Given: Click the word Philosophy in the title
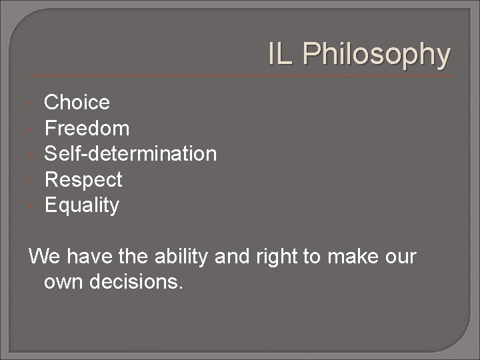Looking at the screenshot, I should tap(377, 55).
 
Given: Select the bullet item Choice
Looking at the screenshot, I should tap(77, 103).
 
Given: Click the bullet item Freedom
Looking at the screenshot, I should tap(87, 128).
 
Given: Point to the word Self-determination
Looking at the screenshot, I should tap(130, 154).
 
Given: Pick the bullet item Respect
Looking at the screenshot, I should tap(83, 180).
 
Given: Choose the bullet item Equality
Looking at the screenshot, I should tap(81, 205).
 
